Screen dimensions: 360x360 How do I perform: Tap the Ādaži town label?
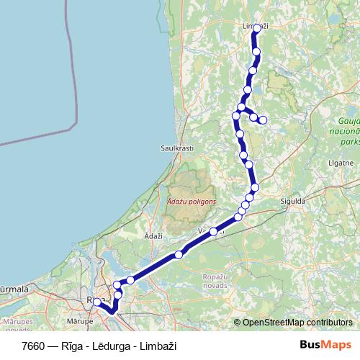click(x=153, y=236)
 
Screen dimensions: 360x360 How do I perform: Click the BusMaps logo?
click(x=325, y=346)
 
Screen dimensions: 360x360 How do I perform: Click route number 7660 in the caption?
click(x=34, y=346)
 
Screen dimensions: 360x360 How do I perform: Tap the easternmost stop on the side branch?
click(x=263, y=120)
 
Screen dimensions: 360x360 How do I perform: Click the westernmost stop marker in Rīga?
click(x=96, y=302)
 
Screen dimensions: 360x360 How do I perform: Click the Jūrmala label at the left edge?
click(x=13, y=289)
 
